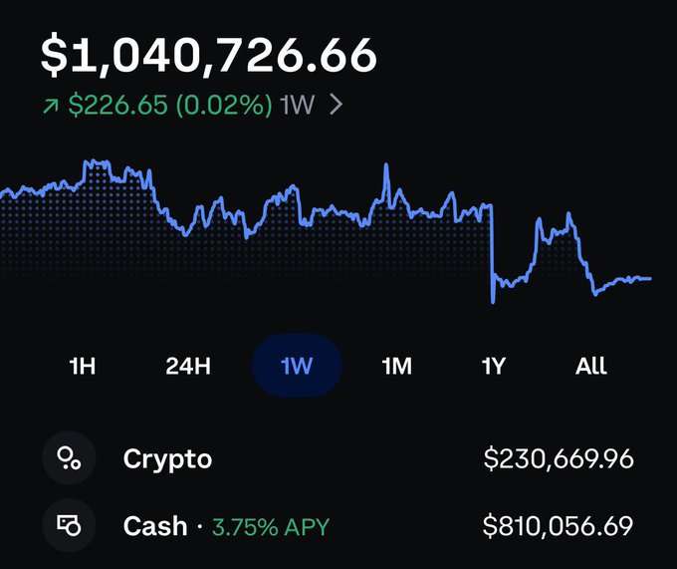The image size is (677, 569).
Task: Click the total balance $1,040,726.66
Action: tap(208, 55)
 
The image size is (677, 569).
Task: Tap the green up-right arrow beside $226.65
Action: tap(51, 105)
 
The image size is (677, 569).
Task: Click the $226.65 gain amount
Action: tap(117, 105)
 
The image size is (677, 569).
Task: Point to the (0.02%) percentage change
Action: tap(224, 105)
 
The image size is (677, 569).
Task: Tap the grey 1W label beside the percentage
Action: tap(297, 104)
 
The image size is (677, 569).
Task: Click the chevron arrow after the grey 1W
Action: tap(336, 104)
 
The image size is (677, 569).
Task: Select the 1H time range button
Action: tap(82, 366)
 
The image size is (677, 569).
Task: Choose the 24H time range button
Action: tap(188, 366)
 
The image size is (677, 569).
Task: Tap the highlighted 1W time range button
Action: tap(297, 366)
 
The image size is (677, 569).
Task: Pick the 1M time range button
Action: tap(397, 366)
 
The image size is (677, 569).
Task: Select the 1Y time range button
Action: tap(493, 366)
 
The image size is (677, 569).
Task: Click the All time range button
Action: tap(591, 366)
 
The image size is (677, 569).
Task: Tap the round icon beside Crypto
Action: tap(69, 458)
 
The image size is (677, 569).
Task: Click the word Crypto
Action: tap(167, 458)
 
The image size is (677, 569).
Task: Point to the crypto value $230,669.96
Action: tap(559, 458)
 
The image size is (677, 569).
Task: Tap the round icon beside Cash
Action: tap(69, 525)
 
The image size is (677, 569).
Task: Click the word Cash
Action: tap(155, 526)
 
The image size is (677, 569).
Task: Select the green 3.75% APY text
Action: tap(271, 527)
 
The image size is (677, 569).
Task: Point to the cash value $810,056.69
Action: tap(558, 526)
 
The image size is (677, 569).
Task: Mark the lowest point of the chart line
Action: tap(493, 302)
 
